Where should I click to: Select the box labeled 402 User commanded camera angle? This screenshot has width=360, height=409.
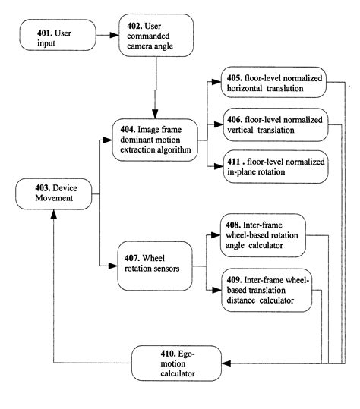[156, 36]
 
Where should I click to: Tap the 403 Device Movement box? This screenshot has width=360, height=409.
[53, 195]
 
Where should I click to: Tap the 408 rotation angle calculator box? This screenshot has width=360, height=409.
[263, 235]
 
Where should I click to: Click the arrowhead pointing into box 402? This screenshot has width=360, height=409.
[115, 35]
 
